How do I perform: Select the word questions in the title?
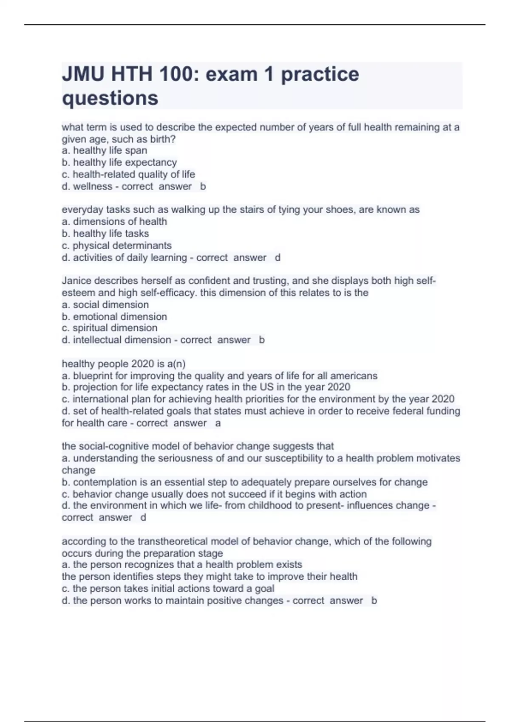pyautogui.click(x=110, y=98)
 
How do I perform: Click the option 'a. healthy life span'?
pyautogui.click(x=105, y=150)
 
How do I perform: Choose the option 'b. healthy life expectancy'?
pyautogui.click(x=119, y=162)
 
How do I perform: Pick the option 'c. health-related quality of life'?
pyautogui.click(x=128, y=174)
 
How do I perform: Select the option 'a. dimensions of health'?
pyautogui.click(x=114, y=221)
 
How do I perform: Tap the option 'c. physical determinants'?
pyautogui.click(x=117, y=245)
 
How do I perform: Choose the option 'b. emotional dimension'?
pyautogui.click(x=114, y=316)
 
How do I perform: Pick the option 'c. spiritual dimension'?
pyautogui.click(x=110, y=328)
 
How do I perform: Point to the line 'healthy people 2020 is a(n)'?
pyautogui.click(x=124, y=364)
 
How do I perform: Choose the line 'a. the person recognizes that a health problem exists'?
pyautogui.click(x=182, y=564)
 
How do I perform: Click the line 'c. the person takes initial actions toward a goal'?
pyautogui.click(x=168, y=588)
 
